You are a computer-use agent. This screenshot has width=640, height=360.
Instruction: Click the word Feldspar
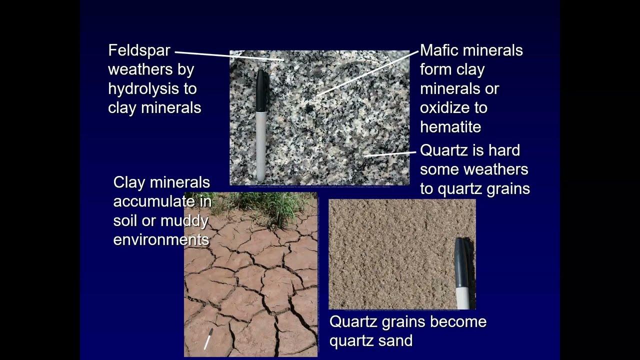click(x=139, y=50)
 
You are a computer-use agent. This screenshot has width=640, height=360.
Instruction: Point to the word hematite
click(x=450, y=127)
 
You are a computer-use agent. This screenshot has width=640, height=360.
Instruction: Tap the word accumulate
click(x=162, y=201)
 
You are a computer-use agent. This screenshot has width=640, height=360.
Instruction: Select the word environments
click(x=161, y=239)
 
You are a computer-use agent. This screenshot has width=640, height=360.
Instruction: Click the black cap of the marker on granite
click(x=260, y=90)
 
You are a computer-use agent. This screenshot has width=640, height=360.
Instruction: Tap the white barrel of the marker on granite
click(x=260, y=145)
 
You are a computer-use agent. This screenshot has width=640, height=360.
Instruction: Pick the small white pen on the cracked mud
click(x=208, y=339)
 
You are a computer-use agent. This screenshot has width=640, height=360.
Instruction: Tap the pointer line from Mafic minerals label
click(x=367, y=72)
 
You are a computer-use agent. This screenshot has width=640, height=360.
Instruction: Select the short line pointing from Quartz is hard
click(x=389, y=153)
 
